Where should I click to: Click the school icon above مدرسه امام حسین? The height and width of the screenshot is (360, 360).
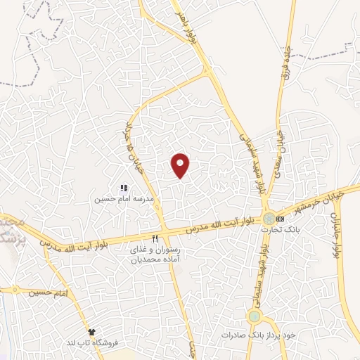coord(124,188)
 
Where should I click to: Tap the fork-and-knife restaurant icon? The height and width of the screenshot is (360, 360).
coord(155,238)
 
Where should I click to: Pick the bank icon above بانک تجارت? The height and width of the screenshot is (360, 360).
coord(281,219)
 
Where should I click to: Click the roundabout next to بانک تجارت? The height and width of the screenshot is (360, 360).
coord(269,218)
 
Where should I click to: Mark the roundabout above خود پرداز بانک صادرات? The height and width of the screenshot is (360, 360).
coord(254,317)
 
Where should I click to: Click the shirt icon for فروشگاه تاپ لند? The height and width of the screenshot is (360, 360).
coord(91,330)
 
